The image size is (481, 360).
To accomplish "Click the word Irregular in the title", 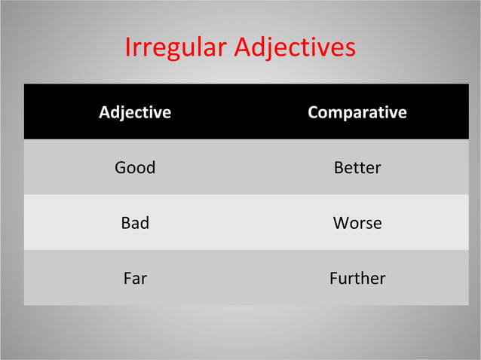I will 176,47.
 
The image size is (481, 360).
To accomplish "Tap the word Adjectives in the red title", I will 295,47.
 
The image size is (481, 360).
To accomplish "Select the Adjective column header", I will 135,113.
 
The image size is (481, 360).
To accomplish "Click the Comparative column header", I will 357,113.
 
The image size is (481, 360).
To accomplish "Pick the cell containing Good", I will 135,167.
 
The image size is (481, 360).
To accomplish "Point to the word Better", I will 357,167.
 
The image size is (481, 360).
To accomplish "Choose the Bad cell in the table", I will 135,223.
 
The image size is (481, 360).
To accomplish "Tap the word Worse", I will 357,223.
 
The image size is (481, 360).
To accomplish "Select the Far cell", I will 135,279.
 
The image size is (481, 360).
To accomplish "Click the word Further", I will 357,279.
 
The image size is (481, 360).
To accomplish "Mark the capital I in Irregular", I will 127,47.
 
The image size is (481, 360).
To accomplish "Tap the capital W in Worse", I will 341,223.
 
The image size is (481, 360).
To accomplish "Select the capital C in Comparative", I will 313,113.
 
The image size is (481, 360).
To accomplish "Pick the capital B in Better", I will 339,167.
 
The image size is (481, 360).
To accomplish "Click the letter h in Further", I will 364,279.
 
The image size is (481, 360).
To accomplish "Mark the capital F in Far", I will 127,279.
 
